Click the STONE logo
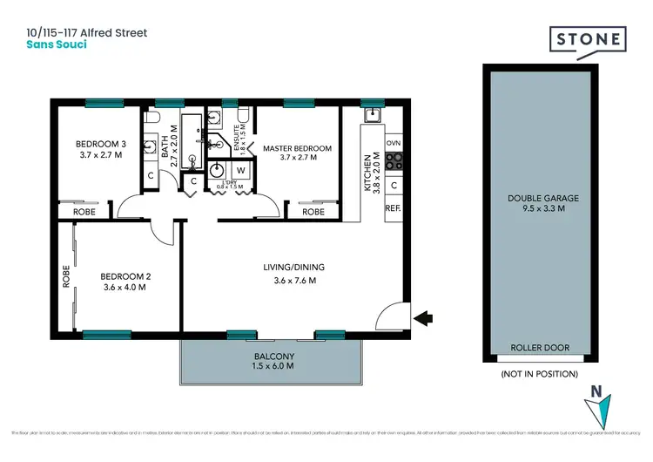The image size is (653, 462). (588, 40)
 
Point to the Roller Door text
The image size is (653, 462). (540, 348)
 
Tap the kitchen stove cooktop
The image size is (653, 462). (394, 160)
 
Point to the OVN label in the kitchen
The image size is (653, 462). (394, 142)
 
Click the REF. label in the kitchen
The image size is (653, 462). (393, 208)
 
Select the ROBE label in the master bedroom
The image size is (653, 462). (313, 212)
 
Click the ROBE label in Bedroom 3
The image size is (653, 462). (84, 212)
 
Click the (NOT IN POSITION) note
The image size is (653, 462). (540, 373)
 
